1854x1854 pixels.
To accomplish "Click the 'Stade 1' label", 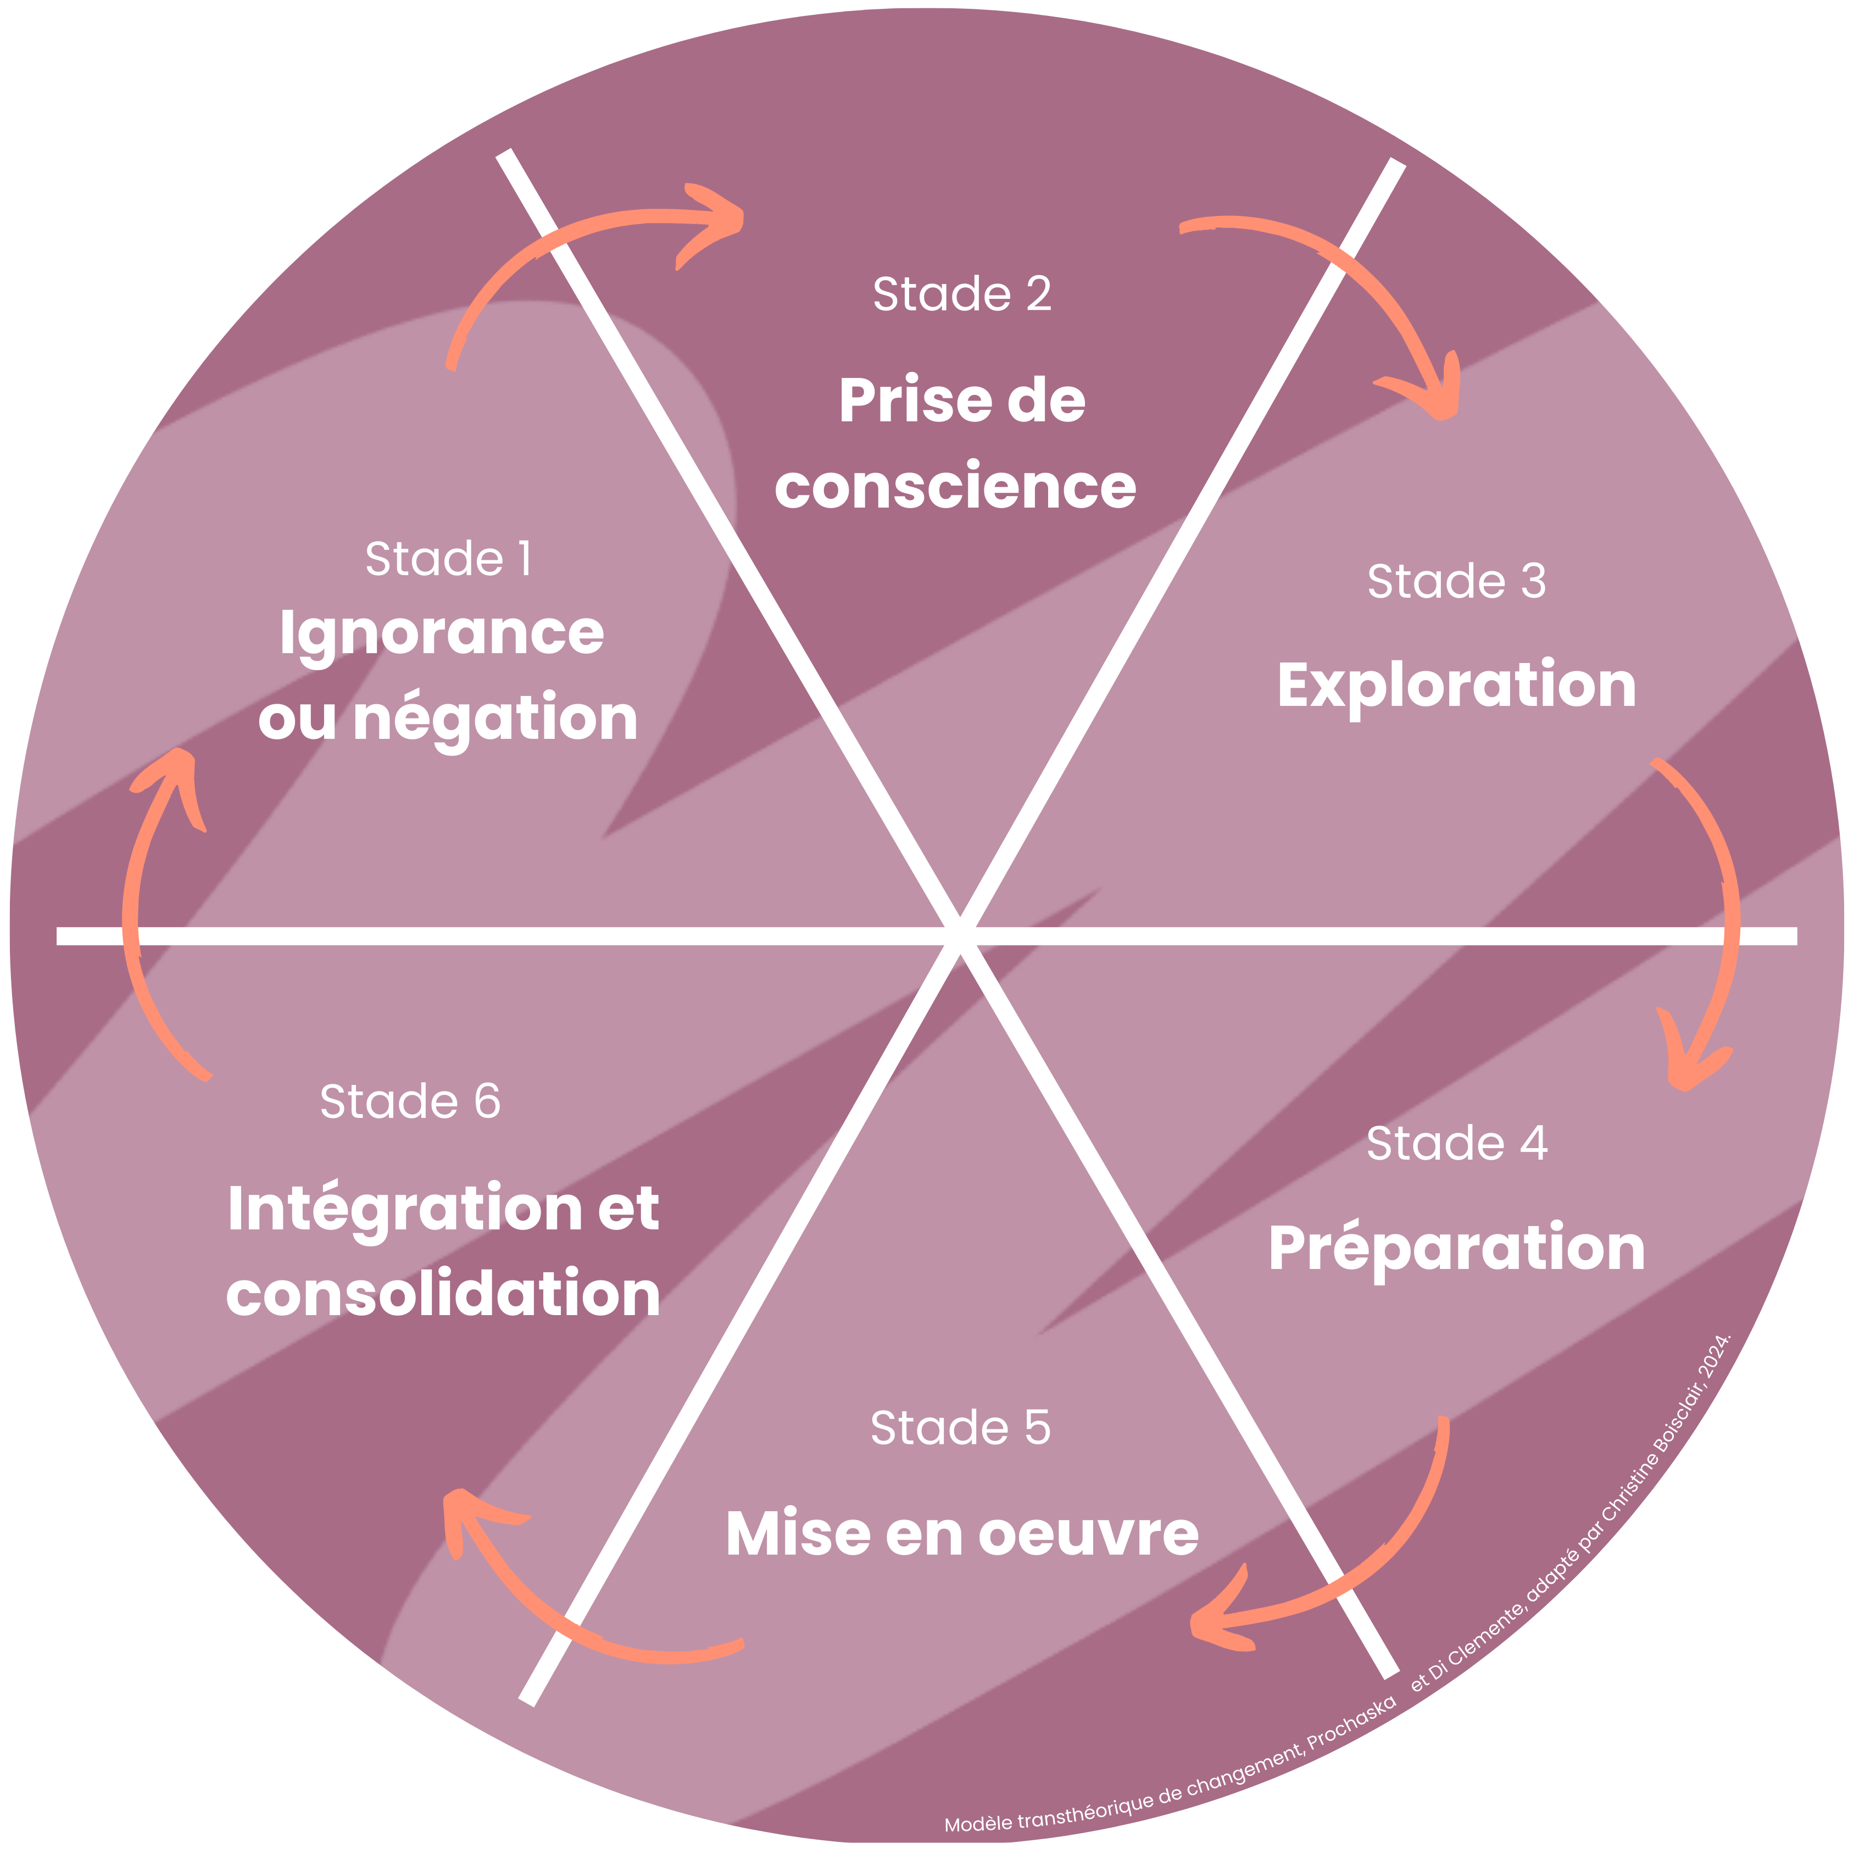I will [x=448, y=559].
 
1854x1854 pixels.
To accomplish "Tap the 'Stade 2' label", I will [x=961, y=294].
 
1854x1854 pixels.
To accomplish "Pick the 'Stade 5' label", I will [x=961, y=1428].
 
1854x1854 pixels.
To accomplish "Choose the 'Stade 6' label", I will [x=410, y=1101].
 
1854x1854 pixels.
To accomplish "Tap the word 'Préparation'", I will [x=1456, y=1249].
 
